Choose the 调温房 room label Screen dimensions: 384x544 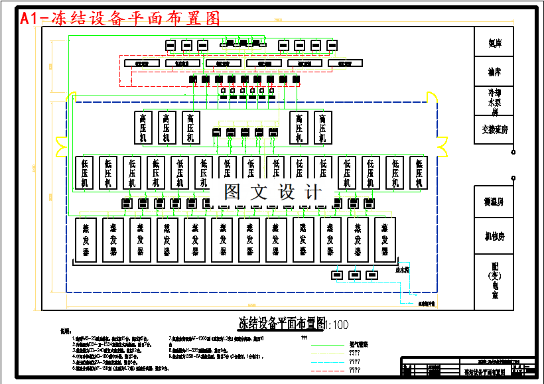point(494,202)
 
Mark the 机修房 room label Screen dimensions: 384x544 point(494,235)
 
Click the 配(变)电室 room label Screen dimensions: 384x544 point(494,278)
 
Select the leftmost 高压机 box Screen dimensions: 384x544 point(143,127)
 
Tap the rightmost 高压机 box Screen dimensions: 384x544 point(322,127)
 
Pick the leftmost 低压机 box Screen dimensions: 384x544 point(84,172)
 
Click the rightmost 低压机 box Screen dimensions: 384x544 point(418,172)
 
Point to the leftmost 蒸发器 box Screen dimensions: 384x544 point(86,239)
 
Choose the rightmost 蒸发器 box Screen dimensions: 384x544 point(385,239)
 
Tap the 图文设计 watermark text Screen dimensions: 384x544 point(272,192)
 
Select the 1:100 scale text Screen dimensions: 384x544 point(336,324)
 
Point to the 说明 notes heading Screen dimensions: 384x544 point(64,331)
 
